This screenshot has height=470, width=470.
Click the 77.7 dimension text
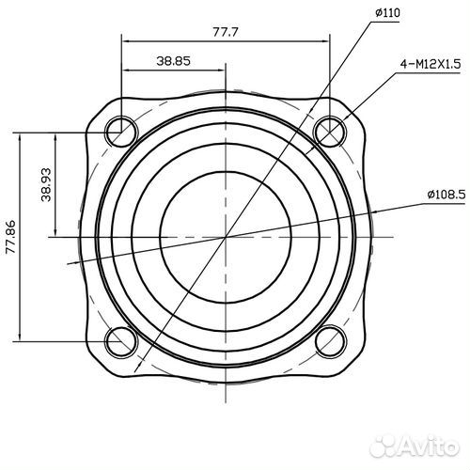226,32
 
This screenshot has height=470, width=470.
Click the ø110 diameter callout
387,13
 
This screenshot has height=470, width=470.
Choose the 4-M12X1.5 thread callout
428,65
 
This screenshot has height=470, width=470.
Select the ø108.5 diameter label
446,195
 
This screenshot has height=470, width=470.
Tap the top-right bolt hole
331,131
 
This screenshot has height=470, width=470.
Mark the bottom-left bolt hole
120,340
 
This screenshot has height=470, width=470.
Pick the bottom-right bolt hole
331,340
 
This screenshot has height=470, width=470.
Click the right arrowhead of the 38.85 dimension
221,70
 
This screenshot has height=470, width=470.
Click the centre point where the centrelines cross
226,236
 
